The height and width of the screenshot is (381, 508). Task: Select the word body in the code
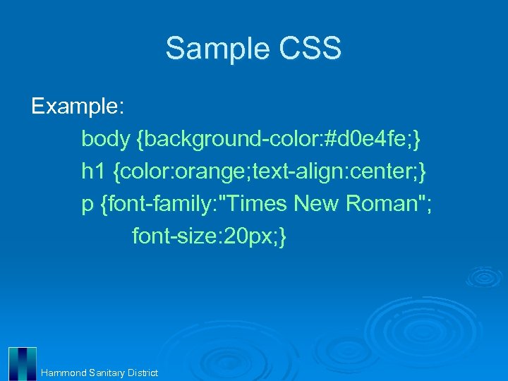pos(105,139)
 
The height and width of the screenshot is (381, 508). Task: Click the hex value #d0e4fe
pos(368,139)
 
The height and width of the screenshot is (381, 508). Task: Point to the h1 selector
pos(93,171)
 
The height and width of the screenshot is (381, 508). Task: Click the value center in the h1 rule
pos(381,171)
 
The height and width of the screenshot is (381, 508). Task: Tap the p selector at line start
pos(87,205)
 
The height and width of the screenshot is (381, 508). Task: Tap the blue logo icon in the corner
pos(22,364)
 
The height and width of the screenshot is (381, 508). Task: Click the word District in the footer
pos(143,373)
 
